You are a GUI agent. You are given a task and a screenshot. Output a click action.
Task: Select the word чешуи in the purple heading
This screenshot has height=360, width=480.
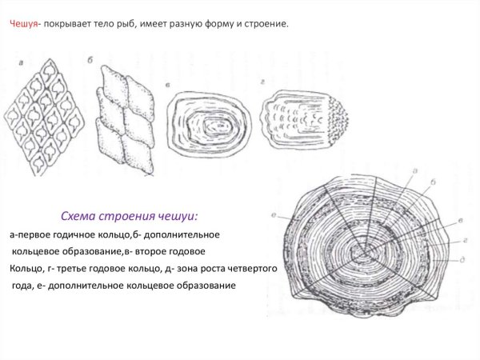click(179, 218)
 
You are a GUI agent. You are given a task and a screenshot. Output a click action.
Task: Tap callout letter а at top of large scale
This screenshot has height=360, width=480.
click(414, 170)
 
